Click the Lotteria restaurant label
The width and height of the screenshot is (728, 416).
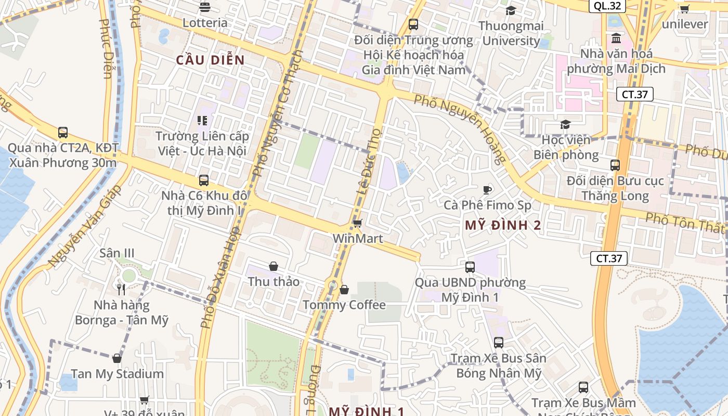[x=205, y=23]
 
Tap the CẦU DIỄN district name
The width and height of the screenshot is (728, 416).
[x=210, y=60]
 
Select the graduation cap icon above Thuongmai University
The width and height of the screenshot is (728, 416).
[x=511, y=10]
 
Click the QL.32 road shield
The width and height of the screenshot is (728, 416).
[x=607, y=6]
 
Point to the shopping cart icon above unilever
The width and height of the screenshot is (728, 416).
[x=684, y=9]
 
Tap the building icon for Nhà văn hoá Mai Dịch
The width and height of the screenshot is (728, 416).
[x=616, y=38]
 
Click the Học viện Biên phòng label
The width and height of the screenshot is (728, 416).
[x=566, y=147]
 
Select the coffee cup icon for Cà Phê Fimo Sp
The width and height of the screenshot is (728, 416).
[x=487, y=190]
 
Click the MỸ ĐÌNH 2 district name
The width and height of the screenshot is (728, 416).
[x=503, y=225]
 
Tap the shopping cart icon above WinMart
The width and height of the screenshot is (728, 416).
[x=357, y=224]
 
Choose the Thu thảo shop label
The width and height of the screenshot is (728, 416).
[x=274, y=281]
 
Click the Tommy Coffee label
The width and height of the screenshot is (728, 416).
[x=344, y=305]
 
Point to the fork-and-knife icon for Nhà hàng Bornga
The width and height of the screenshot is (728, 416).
[x=121, y=290]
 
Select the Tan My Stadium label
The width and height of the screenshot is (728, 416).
[x=117, y=374]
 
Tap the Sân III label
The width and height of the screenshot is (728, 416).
[x=117, y=253]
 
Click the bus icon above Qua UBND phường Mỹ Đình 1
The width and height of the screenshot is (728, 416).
[x=470, y=267]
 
